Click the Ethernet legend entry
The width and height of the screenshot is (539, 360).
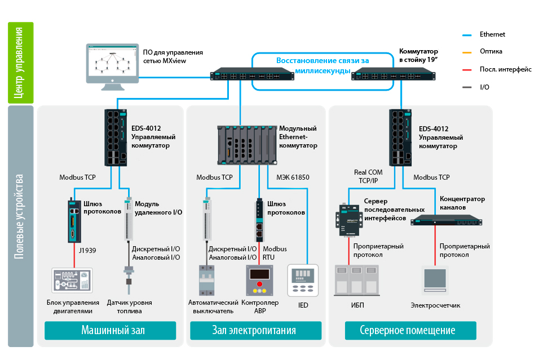(x=492, y=34)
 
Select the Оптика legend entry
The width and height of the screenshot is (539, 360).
(x=491, y=51)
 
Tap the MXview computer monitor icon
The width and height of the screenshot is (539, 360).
(x=112, y=66)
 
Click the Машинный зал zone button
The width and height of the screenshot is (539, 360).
(x=111, y=330)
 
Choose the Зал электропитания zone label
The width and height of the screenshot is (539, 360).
(x=255, y=330)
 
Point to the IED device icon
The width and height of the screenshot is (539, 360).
(x=303, y=280)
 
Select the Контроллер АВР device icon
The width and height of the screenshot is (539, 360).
(x=259, y=281)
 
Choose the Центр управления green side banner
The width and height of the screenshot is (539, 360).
(x=21, y=63)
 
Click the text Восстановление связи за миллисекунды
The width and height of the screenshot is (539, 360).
(x=322, y=65)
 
